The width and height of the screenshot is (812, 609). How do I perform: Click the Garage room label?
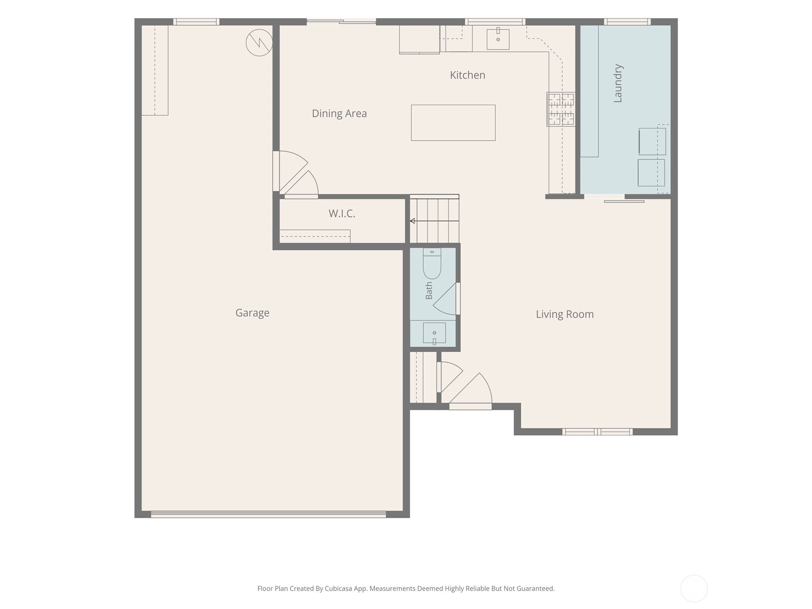(252, 313)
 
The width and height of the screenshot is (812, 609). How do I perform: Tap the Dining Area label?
(339, 114)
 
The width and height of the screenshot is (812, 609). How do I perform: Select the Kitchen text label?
(467, 75)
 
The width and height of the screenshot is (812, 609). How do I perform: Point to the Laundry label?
(618, 83)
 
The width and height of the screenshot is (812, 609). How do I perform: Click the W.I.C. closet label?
(342, 213)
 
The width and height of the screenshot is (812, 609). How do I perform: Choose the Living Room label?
(564, 314)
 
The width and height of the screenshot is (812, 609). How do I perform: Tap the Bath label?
(429, 291)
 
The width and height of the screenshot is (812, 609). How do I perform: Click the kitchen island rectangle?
(453, 123)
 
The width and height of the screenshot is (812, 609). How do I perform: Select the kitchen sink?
(498, 39)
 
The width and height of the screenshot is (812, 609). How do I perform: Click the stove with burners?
(561, 110)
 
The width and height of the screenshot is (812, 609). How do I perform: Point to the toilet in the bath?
(432, 263)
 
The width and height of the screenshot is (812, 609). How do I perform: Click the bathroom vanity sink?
(434, 333)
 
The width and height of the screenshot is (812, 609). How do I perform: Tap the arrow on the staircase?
(434, 221)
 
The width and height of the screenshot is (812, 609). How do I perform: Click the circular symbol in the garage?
(259, 43)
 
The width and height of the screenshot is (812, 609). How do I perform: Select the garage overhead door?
(268, 514)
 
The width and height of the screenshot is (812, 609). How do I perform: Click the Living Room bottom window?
(597, 431)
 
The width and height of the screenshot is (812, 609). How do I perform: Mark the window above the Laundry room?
(627, 22)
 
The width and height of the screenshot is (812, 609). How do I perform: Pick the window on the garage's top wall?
(196, 22)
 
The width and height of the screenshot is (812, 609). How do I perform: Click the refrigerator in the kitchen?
(420, 39)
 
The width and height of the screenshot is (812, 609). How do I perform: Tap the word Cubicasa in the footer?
(339, 589)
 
